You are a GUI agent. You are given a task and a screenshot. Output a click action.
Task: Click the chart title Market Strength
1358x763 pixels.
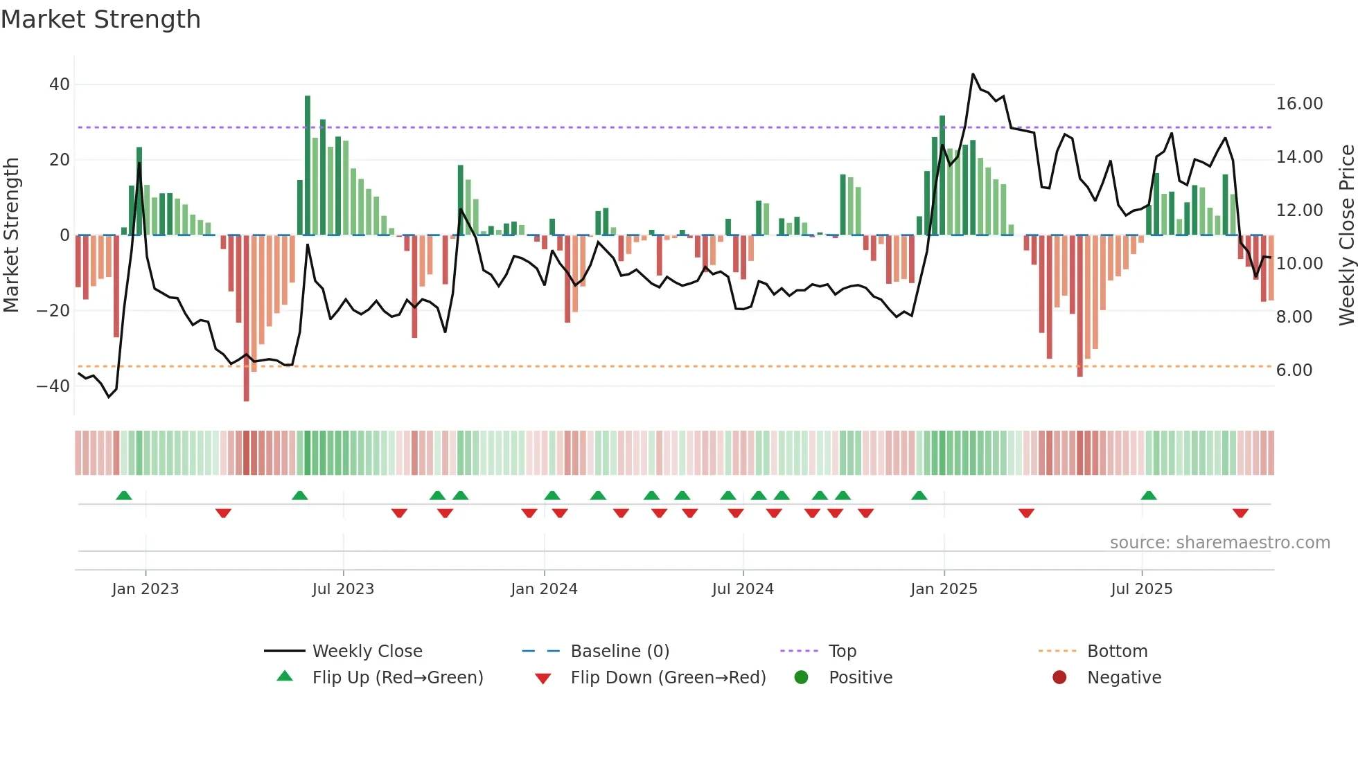[100, 19]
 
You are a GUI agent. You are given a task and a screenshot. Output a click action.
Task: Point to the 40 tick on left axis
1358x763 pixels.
[60, 84]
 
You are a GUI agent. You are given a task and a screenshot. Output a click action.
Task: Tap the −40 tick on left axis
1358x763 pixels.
[53, 386]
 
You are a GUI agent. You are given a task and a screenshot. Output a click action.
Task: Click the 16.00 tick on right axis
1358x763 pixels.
[1299, 104]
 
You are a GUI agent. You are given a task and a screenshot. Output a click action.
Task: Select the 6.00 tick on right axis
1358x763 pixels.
[1294, 370]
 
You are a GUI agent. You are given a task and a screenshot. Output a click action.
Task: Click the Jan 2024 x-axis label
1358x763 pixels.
[544, 589]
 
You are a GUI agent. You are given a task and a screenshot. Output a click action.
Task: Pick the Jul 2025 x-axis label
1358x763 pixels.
[1141, 589]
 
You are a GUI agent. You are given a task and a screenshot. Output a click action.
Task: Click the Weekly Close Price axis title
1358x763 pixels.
[1346, 235]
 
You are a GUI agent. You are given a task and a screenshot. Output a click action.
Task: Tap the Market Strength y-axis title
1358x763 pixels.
[11, 235]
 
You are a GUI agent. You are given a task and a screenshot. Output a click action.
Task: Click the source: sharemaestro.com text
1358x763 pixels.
[1219, 543]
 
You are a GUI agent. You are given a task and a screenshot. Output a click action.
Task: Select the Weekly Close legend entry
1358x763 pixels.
[367, 652]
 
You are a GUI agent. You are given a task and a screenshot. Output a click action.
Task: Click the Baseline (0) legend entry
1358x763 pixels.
[619, 652]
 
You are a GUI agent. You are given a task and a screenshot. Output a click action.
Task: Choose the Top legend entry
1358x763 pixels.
[842, 652]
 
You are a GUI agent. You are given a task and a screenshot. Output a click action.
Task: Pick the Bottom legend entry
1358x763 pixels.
[1117, 652]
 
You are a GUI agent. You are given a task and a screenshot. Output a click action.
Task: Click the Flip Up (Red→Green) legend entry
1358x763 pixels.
[397, 678]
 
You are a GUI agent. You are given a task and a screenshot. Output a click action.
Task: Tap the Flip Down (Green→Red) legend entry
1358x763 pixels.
[667, 678]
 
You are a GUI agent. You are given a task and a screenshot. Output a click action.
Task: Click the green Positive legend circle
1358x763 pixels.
[801, 678]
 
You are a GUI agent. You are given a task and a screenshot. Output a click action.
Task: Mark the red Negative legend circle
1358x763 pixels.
[1059, 678]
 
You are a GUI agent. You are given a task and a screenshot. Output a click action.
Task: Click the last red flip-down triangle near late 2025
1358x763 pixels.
[1240, 513]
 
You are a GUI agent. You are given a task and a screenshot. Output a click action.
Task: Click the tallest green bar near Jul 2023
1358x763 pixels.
[308, 166]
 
